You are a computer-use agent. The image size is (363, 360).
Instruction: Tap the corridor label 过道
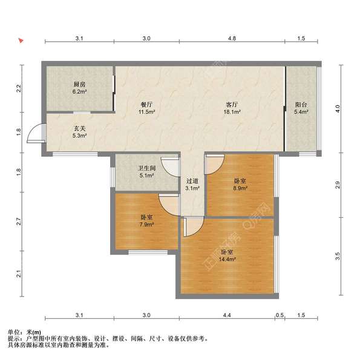pyautogui.click(x=192, y=181)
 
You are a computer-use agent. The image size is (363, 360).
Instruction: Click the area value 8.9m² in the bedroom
pyautogui.click(x=240, y=188)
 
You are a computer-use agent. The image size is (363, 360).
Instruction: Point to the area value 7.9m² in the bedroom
pyautogui.click(x=146, y=224)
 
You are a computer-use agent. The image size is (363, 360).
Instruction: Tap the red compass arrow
pyautogui.click(x=21, y=42)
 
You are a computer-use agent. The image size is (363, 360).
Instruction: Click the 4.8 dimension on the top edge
pyautogui.click(x=232, y=38)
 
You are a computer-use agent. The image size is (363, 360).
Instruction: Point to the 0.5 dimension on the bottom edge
pyautogui.click(x=280, y=315)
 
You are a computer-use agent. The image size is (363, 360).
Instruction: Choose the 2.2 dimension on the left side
pyautogui.click(x=19, y=87)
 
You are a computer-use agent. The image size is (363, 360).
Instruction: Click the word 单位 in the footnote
pyautogui.click(x=14, y=332)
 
